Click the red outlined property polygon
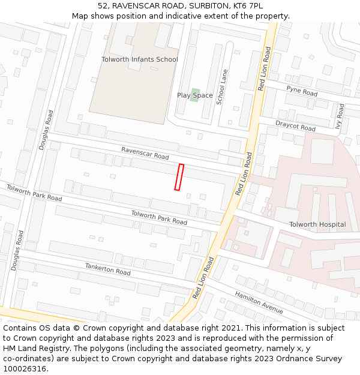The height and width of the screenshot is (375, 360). tap(179, 177)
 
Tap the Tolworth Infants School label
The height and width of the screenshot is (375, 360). tap(139, 59)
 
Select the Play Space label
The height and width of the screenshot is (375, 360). tap(194, 95)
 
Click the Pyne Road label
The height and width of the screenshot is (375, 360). tap(302, 91)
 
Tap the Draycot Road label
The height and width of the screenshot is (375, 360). tap(295, 126)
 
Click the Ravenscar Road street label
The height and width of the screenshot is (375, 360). tap(145, 152)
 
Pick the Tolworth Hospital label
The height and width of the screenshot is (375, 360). tap(317, 224)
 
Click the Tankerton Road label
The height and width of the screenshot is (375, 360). tap(107, 268)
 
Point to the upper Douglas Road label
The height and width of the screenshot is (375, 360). tap(46, 129)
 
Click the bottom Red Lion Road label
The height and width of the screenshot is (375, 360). tap(203, 278)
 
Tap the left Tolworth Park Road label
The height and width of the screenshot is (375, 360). tap(34, 193)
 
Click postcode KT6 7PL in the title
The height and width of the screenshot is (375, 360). tap(247, 5)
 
